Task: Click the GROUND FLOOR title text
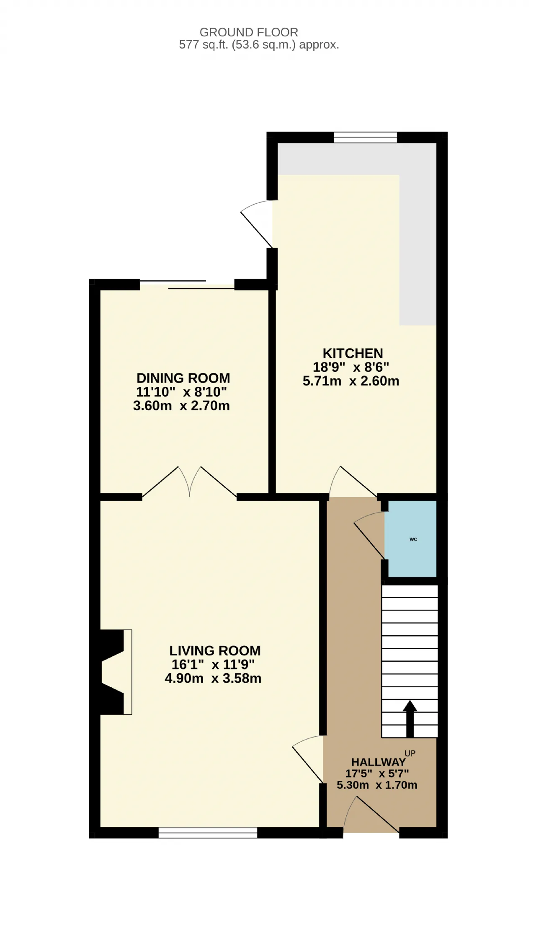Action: (249, 32)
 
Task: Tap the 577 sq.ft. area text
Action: (259, 45)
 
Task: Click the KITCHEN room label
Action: (353, 353)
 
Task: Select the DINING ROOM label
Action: (183, 378)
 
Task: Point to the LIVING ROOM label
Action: (215, 650)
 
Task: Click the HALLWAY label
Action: (379, 762)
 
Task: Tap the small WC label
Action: (413, 539)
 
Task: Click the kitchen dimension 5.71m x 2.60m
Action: (351, 381)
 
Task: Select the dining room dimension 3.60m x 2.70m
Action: (181, 406)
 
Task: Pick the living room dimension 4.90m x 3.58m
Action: (213, 678)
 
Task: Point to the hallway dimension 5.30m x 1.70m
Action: (377, 785)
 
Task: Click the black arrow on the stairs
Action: (410, 718)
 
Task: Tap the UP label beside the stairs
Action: (410, 754)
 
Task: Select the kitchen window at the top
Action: (365, 137)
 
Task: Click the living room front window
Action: (208, 833)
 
